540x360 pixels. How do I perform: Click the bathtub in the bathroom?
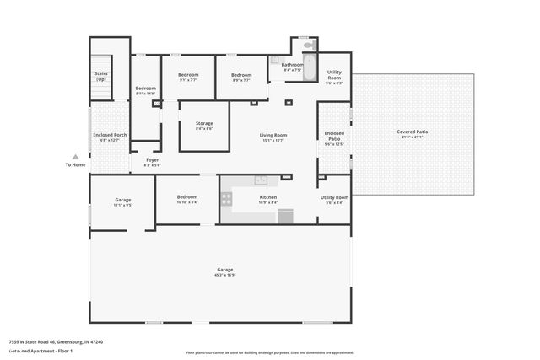pyautogui.click(x=309, y=69)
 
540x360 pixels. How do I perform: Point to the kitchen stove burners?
pyautogui.click(x=226, y=199)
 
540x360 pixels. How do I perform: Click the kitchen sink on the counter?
pyautogui.click(x=262, y=179)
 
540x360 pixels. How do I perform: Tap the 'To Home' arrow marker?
pyautogui.click(x=75, y=157)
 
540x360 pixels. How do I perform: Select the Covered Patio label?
pyautogui.click(x=413, y=132)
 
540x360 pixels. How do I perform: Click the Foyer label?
pyautogui.click(x=152, y=159)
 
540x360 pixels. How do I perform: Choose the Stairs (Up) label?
pyautogui.click(x=101, y=76)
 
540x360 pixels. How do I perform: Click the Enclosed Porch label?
pyautogui.click(x=110, y=135)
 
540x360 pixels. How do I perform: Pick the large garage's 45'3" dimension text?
pyautogui.click(x=224, y=275)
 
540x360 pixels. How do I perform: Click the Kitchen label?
pyautogui.click(x=267, y=197)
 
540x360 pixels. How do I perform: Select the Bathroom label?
pyautogui.click(x=292, y=65)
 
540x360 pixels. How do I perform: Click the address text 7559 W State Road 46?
pyautogui.click(x=43, y=341)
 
